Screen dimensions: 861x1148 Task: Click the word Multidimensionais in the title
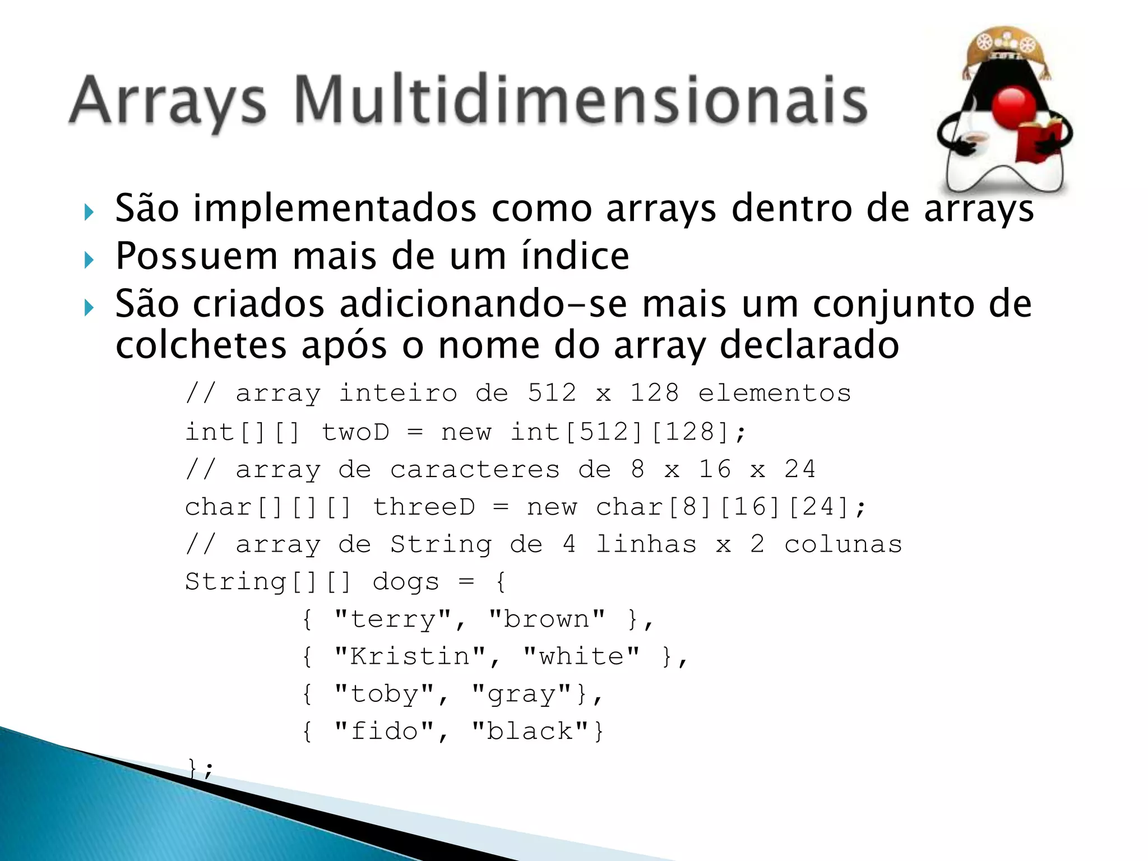coord(581,101)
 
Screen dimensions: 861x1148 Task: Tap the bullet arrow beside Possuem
coord(89,260)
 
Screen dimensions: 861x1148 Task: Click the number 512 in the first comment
coord(552,393)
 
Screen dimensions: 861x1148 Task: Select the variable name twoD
coord(355,432)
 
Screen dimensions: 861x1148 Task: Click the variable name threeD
coord(424,507)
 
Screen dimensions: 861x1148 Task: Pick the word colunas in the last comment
coord(843,544)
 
